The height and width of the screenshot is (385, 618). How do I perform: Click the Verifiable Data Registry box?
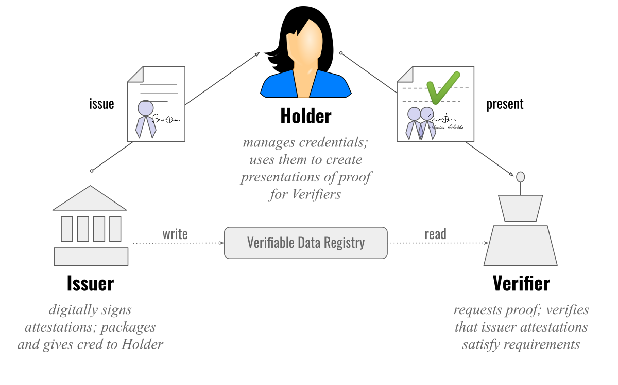(x=305, y=243)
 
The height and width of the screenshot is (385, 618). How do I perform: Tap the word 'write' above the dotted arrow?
(x=175, y=235)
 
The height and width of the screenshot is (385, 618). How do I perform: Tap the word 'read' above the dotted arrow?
(x=435, y=235)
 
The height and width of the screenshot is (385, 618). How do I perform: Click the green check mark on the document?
(x=442, y=87)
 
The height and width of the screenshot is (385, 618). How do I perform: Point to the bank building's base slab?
(x=91, y=256)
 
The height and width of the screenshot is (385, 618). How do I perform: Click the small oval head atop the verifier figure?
(x=521, y=177)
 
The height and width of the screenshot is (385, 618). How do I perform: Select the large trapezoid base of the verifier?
(x=521, y=246)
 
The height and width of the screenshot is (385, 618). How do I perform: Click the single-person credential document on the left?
(x=156, y=104)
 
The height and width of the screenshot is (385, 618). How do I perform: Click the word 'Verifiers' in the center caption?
(x=317, y=195)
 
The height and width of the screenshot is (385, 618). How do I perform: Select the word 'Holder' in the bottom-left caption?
(x=142, y=344)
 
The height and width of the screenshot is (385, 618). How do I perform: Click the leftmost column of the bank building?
(x=67, y=229)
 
